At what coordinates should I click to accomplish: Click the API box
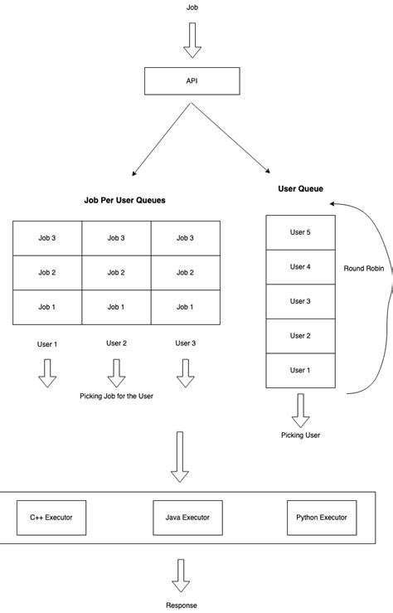coord(192,81)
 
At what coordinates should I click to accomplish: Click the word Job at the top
coord(192,8)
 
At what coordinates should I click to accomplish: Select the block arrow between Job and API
coord(192,41)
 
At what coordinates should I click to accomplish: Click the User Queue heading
coord(300,189)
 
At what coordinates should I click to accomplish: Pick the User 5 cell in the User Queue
coord(300,232)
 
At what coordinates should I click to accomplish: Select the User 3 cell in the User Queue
coord(300,301)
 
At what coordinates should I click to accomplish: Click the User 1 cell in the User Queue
coord(300,370)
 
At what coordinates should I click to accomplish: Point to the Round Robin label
coord(364,269)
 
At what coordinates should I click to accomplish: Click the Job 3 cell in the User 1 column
coord(47,238)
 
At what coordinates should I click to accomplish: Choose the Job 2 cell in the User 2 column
coord(116,273)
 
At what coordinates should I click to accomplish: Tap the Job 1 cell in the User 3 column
coord(186,307)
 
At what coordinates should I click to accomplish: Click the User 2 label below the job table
coord(116,343)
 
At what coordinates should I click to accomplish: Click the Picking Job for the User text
coord(116,397)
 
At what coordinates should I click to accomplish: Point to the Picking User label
coord(300,435)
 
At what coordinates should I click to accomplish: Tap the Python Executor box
coord(322,518)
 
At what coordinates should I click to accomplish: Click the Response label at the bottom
coord(180,606)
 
